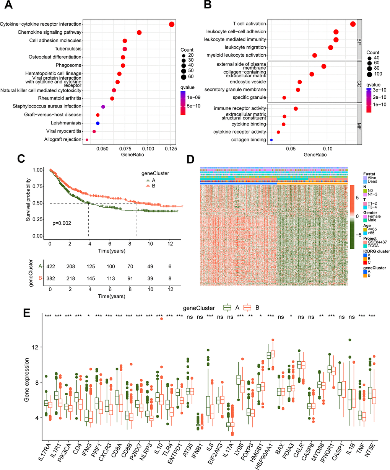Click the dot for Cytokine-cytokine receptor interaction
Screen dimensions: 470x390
tap(172, 24)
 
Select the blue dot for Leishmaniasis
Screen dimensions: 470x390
tap(98, 123)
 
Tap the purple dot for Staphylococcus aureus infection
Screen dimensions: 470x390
tap(103, 106)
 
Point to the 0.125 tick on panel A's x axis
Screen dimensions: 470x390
tap(171, 148)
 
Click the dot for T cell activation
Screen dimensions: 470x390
tap(353, 24)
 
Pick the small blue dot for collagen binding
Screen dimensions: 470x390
tap(271, 140)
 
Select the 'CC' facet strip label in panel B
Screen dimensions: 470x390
tap(359, 82)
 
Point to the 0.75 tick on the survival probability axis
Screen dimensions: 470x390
tap(37, 186)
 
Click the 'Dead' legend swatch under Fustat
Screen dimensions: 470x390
tap(365, 181)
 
